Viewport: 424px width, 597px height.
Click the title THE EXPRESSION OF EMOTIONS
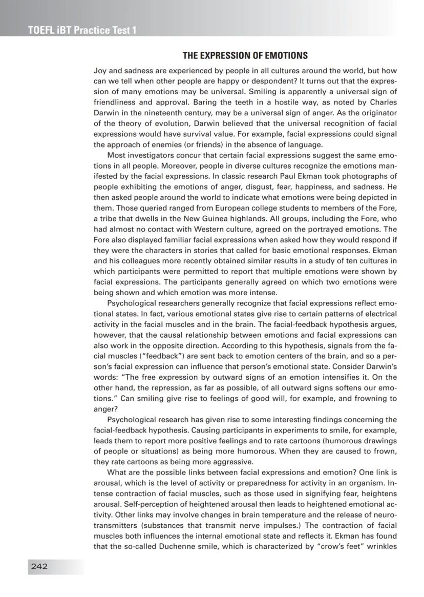(x=245, y=55)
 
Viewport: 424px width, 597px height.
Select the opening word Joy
(x=100, y=70)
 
